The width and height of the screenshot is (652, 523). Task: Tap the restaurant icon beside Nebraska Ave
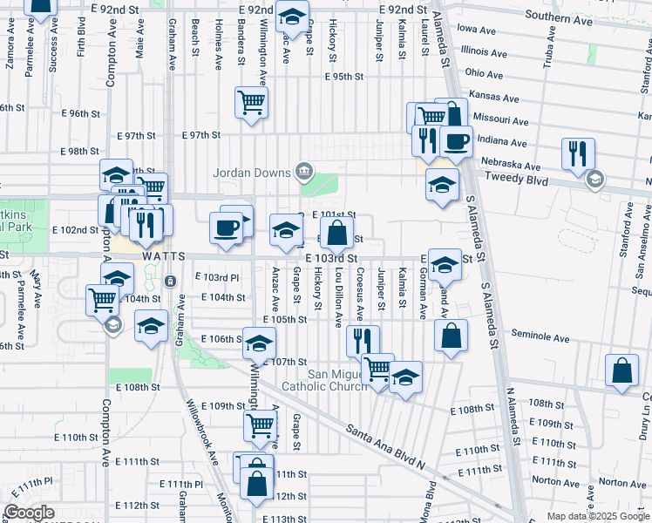(578, 153)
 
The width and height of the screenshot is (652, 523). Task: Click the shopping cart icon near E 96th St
(251, 102)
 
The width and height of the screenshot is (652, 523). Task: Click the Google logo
(29, 513)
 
